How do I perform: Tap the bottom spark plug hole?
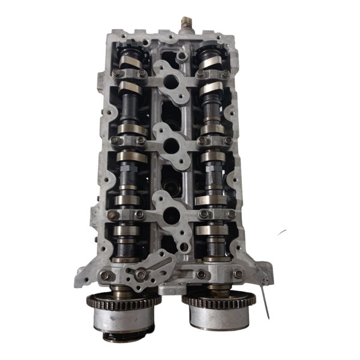(170, 211)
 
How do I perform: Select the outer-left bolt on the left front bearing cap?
(106, 275)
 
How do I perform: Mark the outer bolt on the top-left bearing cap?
(115, 73)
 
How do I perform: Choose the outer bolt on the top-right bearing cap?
(225, 74)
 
